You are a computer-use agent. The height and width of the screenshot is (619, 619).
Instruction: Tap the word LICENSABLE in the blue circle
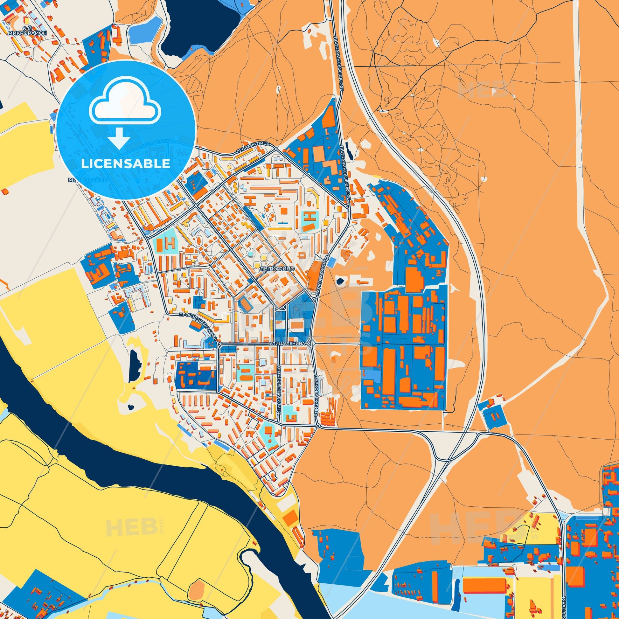point(125,164)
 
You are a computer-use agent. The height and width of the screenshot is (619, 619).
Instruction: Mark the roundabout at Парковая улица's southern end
point(317,426)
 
